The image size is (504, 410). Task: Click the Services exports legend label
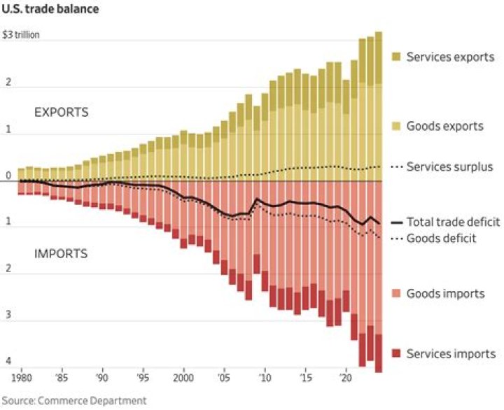click(450, 57)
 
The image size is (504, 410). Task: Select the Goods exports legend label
click(444, 127)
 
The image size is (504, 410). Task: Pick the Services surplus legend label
click(449, 167)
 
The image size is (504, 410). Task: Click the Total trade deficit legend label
click(453, 222)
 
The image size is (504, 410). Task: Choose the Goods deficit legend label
click(441, 238)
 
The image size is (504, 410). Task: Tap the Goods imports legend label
click(445, 293)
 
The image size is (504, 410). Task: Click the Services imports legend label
click(451, 354)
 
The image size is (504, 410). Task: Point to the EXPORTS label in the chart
click(62, 112)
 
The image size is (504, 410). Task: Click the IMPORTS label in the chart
click(61, 253)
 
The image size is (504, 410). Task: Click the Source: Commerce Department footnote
click(74, 400)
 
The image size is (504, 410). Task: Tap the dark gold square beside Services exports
click(395, 57)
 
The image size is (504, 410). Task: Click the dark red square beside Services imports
click(395, 354)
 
